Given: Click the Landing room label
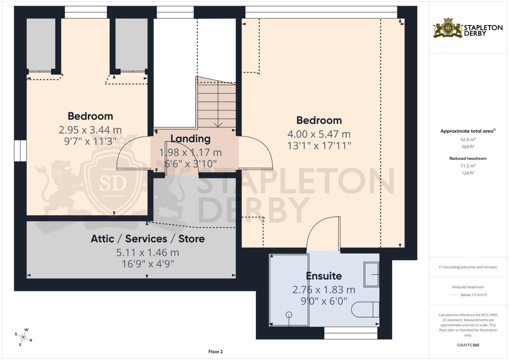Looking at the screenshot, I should coord(190,139).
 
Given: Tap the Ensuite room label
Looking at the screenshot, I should coord(324,276).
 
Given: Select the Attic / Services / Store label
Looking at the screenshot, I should coord(148,239).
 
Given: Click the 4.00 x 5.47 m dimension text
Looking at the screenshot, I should coord(319,134).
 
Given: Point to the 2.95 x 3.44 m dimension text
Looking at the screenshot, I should coord(90,130).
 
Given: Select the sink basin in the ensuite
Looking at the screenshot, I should coord(371,274).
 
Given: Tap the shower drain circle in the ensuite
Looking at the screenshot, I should coord(289,314).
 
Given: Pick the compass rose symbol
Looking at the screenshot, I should coord(24,337).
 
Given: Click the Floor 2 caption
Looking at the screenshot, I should coord(215,352).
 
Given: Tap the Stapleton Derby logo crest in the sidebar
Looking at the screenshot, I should coord(448,28).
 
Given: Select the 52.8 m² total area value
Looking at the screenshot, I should coord(468,140).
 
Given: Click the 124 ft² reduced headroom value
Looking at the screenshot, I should coord(468,173).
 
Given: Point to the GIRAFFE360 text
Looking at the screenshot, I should coord(468,345).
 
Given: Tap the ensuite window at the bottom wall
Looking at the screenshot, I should coord(351,333).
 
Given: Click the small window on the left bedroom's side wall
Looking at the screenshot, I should coord(20,151).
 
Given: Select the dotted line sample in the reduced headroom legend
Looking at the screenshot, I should coord(454,295).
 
